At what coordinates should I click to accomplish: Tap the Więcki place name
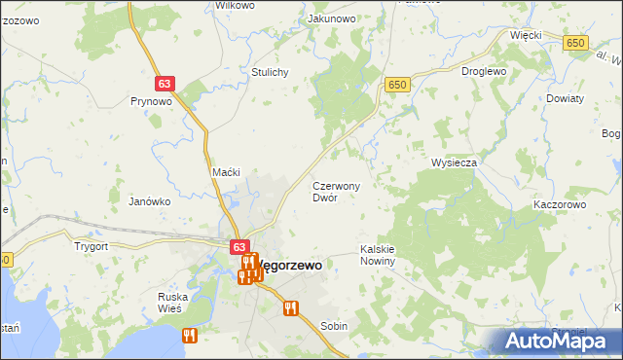526,35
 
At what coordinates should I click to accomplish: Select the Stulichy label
270,72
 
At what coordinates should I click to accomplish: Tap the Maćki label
227,172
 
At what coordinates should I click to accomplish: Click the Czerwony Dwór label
337,191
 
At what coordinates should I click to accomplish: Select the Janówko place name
150,201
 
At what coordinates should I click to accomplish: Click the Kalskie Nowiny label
378,255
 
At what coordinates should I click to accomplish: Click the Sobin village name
334,327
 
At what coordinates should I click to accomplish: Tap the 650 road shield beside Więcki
576,43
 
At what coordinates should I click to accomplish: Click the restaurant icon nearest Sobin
289,309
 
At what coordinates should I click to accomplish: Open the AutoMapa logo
560,341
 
